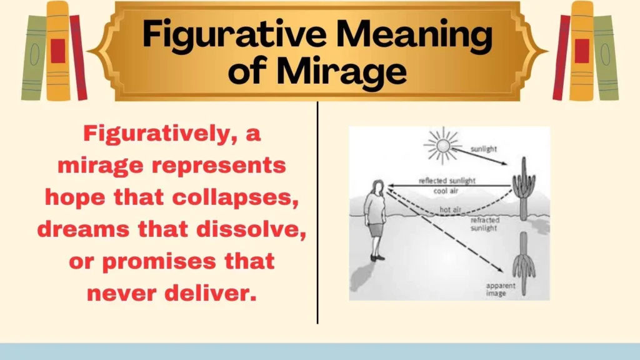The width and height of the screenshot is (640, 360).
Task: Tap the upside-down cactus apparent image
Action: pos(524,262)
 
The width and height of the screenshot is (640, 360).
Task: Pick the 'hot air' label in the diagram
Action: pos(449,210)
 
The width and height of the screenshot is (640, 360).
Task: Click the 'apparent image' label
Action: pos(499,289)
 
